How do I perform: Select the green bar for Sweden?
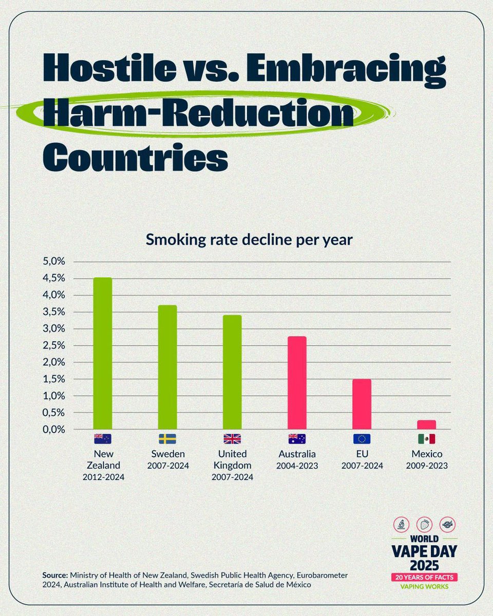tap(167, 367)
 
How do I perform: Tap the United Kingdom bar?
tap(232, 372)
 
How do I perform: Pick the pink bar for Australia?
tap(297, 382)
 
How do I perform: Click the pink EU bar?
tap(362, 404)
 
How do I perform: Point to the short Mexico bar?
tap(426, 425)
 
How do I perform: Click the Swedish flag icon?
tap(167, 439)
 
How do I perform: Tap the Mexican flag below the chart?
tap(426, 439)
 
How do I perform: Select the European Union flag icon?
tap(362, 439)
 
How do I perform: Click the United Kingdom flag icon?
tap(232, 439)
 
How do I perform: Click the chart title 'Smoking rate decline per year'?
tap(249, 240)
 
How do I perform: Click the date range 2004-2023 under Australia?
tap(297, 466)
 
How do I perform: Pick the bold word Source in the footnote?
tap(54, 575)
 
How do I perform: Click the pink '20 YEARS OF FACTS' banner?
tap(424, 577)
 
